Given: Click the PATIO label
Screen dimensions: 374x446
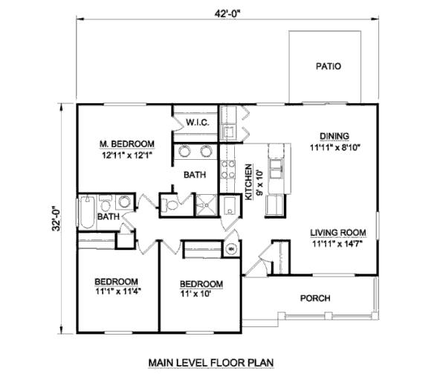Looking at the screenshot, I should click(x=327, y=66).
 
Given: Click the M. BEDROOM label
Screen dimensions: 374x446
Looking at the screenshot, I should click(x=127, y=144).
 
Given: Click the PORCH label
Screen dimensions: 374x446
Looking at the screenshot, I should click(x=314, y=298).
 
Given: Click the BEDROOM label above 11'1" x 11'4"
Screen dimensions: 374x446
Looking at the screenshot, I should click(x=117, y=281).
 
